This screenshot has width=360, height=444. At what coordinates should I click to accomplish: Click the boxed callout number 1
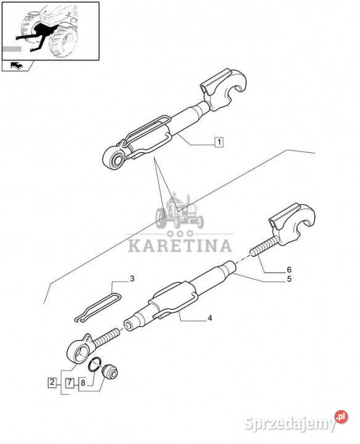[x=218, y=142]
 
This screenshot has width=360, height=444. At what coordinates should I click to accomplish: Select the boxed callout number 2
[x=52, y=382]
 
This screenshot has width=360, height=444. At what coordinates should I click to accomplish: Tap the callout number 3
[x=132, y=279]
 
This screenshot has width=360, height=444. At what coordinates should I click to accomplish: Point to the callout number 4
[x=210, y=318]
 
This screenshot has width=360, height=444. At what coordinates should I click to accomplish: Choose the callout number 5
[x=289, y=279]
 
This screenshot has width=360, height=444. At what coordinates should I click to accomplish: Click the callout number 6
[x=289, y=269]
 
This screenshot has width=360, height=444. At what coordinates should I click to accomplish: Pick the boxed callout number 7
[x=70, y=383]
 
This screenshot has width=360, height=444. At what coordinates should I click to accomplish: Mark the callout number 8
[x=83, y=383]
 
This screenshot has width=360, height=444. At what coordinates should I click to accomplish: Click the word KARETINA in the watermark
[x=180, y=246]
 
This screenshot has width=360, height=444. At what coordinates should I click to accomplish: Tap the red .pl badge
[x=342, y=416]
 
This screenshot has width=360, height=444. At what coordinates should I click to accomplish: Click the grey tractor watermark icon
[x=179, y=210]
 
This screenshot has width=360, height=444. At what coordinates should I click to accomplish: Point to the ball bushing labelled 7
[x=110, y=372]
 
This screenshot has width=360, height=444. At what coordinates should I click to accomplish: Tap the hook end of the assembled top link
[x=225, y=89]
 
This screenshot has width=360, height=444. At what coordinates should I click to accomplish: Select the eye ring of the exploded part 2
[x=78, y=349]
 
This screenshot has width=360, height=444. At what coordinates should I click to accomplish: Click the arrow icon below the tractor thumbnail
[x=17, y=66]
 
